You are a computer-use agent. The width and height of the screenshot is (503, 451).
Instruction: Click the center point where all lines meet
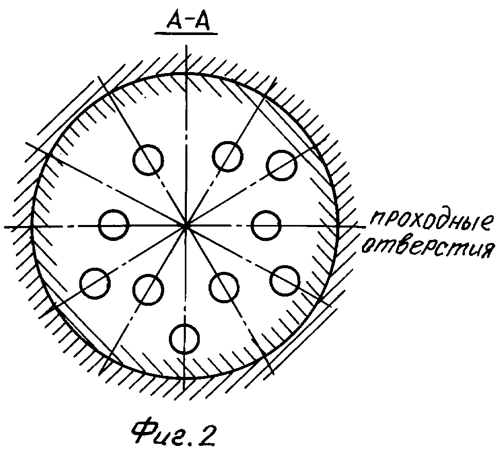click(185, 225)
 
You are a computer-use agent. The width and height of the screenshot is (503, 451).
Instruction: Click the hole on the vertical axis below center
click(184, 338)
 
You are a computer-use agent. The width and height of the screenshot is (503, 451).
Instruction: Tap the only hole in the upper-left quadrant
click(148, 159)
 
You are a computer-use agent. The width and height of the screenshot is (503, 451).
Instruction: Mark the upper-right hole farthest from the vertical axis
click(281, 164)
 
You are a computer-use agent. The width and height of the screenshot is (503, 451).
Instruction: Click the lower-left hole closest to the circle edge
click(95, 283)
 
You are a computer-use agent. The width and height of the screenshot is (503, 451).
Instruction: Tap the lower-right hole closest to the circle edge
click(285, 280)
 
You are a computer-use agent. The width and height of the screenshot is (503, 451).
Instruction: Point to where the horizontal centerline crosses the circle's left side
click(32, 225)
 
